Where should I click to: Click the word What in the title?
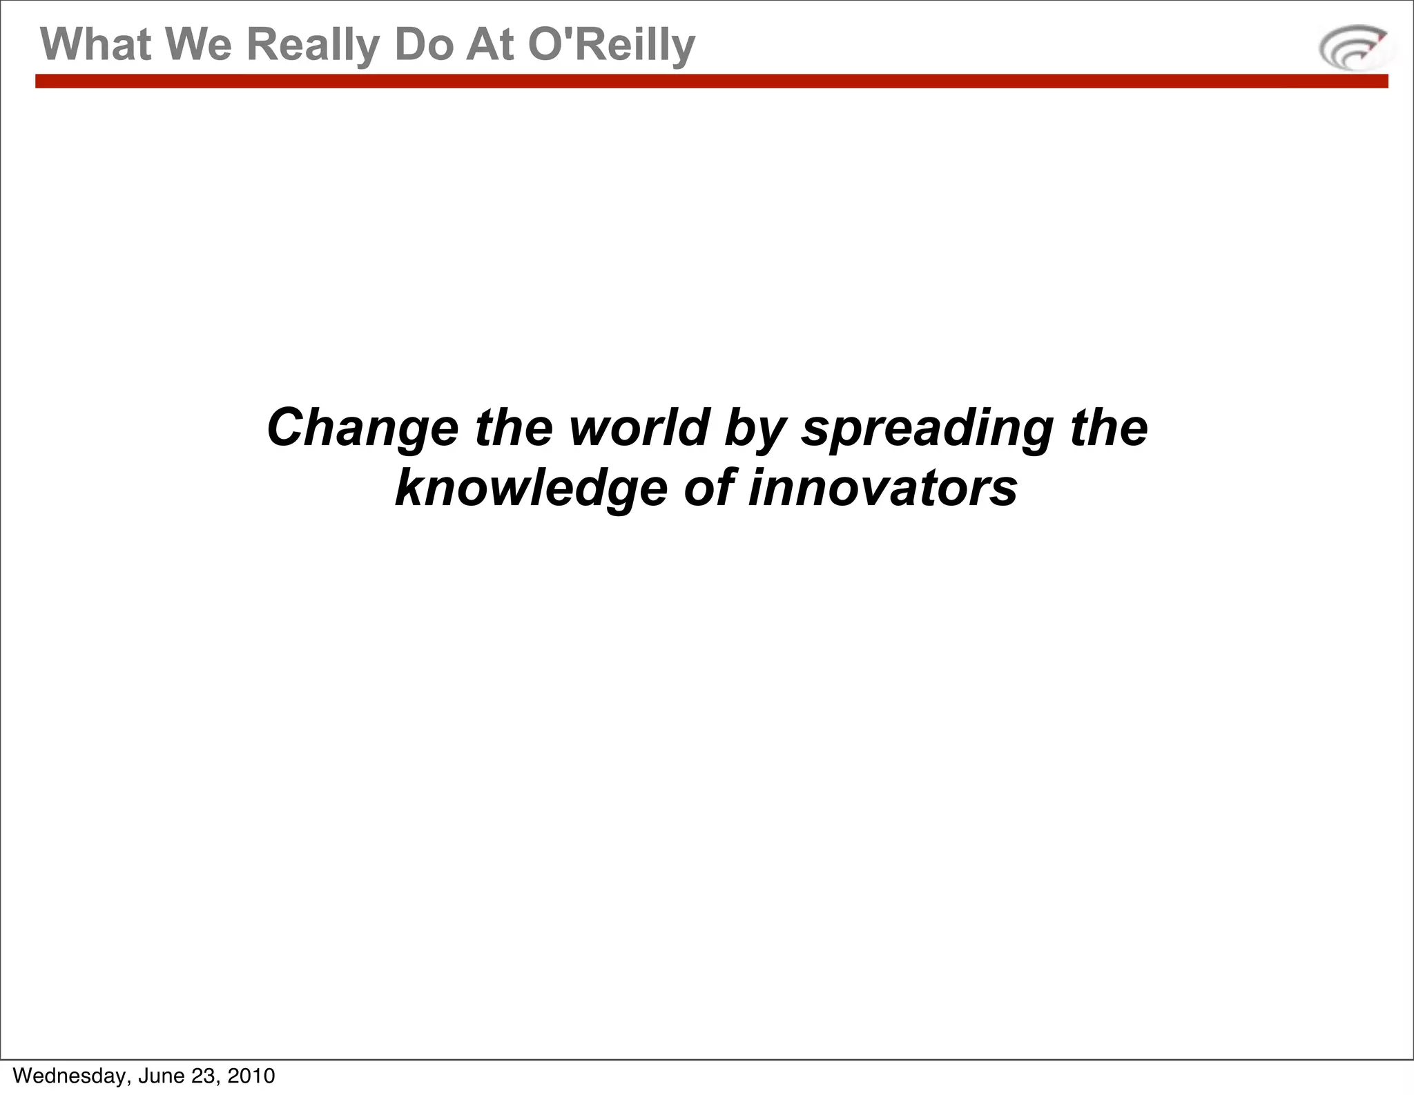[95, 44]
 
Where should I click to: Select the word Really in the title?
[313, 46]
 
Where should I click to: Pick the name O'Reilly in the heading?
[611, 46]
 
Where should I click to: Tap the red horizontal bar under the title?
[711, 81]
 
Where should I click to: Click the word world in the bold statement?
[639, 427]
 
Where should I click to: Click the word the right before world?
[514, 427]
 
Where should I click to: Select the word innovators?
[882, 488]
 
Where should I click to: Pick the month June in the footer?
[161, 1076]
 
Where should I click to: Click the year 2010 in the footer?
[251, 1076]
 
